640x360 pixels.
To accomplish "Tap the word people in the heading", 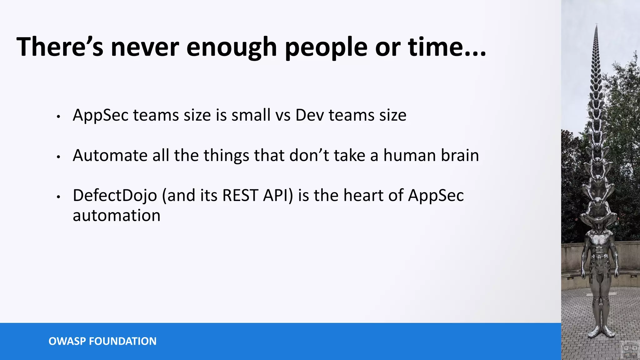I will [x=326, y=47].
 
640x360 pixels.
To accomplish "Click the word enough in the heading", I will [x=231, y=47].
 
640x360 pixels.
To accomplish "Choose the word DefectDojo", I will [x=115, y=195].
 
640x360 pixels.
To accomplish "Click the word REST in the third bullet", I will [x=240, y=195].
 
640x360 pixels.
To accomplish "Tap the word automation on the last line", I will [x=117, y=215].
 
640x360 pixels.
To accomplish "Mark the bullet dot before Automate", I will [x=58, y=157].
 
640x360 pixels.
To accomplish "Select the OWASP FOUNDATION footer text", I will [x=102, y=341].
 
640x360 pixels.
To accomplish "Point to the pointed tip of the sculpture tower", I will [x=597, y=25].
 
